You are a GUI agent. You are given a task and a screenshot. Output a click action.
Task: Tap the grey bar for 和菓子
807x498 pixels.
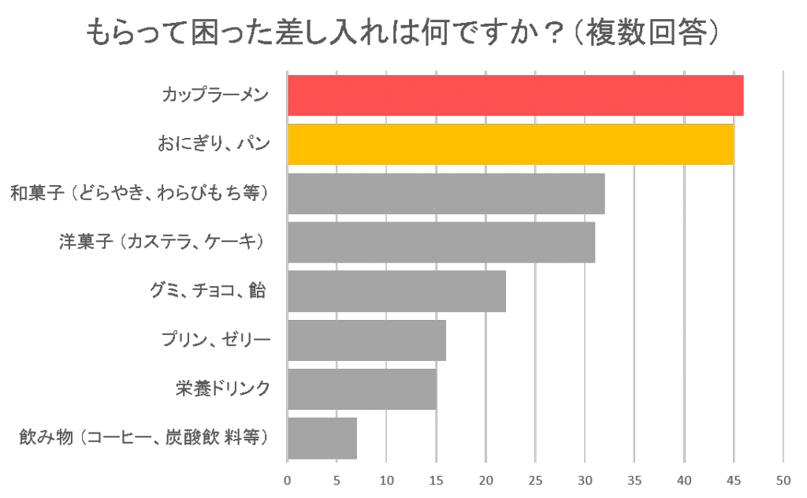[x=445, y=193]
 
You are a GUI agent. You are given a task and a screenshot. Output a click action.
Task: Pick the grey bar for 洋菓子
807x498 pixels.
[x=441, y=242]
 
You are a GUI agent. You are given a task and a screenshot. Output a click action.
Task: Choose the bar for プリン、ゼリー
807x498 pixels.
[x=366, y=340]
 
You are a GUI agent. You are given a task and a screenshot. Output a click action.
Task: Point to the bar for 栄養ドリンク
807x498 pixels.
[x=361, y=388]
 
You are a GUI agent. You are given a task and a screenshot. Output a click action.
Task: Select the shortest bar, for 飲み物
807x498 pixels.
[x=322, y=437]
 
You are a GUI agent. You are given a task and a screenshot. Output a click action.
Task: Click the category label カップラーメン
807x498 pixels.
[x=215, y=95]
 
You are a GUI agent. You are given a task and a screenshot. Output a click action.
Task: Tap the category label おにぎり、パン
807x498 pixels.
[x=214, y=144]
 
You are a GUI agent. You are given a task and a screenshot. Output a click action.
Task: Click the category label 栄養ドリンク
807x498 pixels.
[x=223, y=388]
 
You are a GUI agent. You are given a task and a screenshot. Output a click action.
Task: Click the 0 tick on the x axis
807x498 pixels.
[x=287, y=480]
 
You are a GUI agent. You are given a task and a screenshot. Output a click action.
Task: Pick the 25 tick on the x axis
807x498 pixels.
[x=535, y=480]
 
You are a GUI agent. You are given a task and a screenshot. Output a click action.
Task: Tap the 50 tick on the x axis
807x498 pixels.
[x=783, y=480]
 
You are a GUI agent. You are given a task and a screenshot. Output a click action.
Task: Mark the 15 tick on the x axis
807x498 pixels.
[x=436, y=480]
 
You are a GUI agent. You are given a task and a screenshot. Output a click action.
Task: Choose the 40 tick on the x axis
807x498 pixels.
[x=684, y=480]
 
